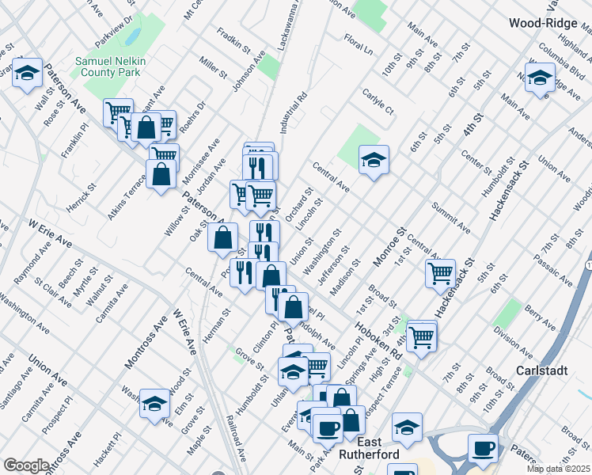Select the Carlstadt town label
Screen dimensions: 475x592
click(542, 370)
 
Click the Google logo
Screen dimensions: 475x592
click(26, 465)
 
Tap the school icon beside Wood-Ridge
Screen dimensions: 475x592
click(540, 78)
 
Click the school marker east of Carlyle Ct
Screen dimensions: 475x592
click(374, 160)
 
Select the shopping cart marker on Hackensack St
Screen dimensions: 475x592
click(440, 273)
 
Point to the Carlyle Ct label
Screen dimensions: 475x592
click(378, 107)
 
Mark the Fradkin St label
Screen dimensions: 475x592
click(233, 42)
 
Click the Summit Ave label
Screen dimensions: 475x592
click(451, 218)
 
